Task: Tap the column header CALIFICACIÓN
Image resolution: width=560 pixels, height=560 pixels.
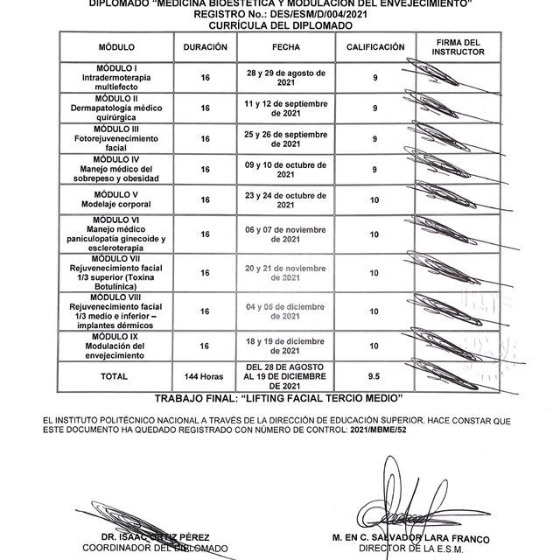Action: [374, 46]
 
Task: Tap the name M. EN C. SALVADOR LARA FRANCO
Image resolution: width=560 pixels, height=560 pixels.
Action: [416, 537]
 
